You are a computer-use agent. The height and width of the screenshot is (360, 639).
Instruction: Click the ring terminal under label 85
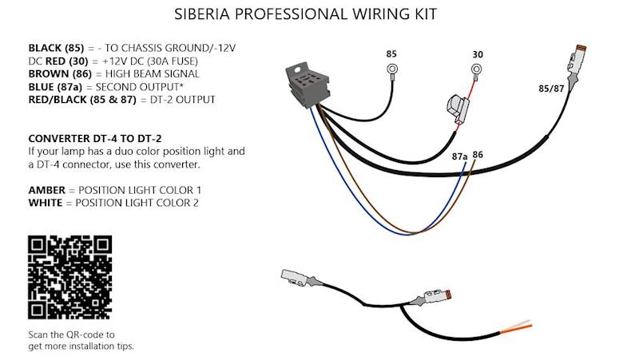tap(392, 70)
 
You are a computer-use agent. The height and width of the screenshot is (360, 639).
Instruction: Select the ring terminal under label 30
tap(477, 70)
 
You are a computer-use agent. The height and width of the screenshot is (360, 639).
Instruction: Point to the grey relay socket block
tap(308, 84)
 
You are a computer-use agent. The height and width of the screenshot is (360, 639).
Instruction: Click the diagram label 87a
tap(459, 157)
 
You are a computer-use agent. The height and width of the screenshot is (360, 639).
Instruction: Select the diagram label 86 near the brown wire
tap(478, 155)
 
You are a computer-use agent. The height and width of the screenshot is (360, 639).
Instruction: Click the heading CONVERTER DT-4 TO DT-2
tap(101, 138)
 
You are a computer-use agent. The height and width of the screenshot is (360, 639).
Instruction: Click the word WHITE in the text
tap(46, 203)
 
